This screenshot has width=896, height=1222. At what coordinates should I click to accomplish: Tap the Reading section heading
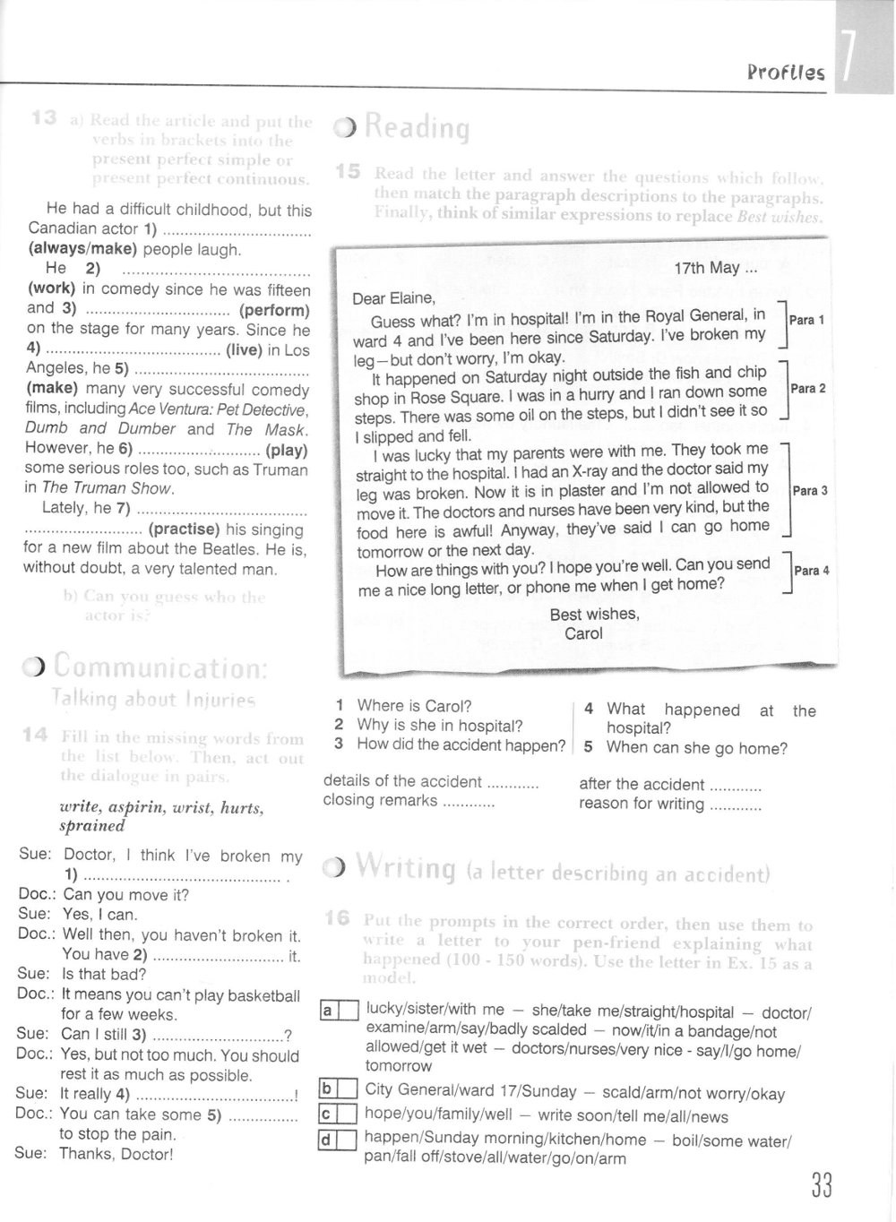click(x=416, y=128)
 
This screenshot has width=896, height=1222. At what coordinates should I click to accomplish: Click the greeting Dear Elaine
click(x=393, y=298)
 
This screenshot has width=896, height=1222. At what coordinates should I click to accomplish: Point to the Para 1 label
click(x=806, y=320)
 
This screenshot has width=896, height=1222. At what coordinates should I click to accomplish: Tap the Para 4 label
click(x=812, y=570)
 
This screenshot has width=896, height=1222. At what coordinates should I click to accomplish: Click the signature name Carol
click(x=583, y=633)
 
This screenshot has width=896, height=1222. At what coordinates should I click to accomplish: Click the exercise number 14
click(x=35, y=736)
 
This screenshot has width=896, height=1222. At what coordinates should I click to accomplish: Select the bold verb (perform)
click(x=274, y=311)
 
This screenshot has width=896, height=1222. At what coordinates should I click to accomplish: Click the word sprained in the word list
click(x=91, y=826)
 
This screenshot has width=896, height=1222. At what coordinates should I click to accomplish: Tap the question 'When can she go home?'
click(x=696, y=748)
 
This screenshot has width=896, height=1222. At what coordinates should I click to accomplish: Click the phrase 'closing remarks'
click(x=380, y=801)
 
